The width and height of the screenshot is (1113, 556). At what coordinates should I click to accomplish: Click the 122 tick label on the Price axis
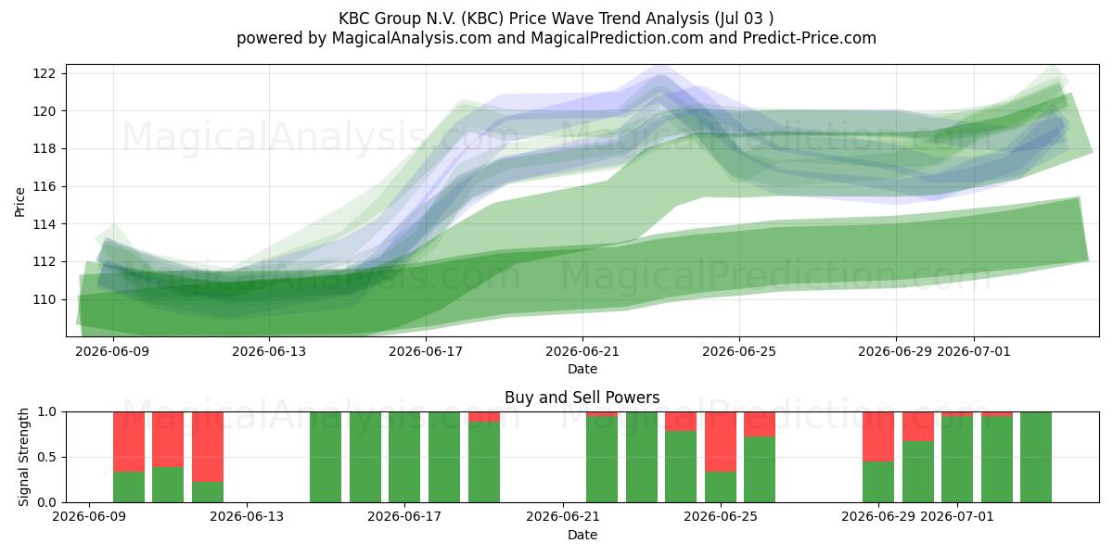tap(43, 73)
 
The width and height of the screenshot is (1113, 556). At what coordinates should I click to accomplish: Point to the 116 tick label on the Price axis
tap(43, 186)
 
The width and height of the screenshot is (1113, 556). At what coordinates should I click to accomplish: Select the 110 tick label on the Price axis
tap(43, 300)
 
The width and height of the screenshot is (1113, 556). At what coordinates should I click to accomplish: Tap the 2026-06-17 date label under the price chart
tap(426, 351)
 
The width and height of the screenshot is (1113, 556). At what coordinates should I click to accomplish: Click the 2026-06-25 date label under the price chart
tap(739, 351)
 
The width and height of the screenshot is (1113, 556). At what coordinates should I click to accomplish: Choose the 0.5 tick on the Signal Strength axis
tap(47, 457)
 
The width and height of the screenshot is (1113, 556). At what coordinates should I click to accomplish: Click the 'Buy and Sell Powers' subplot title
tap(582, 398)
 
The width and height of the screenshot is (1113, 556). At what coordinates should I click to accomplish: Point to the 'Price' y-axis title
tap(19, 202)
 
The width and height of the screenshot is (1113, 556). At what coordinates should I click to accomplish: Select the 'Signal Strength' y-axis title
tap(23, 457)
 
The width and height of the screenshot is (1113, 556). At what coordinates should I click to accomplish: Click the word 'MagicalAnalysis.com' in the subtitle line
tap(412, 38)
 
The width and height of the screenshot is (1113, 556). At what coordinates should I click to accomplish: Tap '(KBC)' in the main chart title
tap(482, 19)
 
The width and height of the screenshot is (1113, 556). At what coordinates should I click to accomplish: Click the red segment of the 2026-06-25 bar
tap(721, 441)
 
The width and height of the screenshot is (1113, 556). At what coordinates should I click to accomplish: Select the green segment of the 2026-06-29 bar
tap(878, 482)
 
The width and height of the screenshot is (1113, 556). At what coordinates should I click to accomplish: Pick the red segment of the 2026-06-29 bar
tap(878, 436)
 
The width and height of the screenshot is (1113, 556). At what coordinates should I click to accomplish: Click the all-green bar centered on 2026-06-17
tap(404, 457)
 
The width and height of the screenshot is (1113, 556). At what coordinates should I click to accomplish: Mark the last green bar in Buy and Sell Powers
tap(1036, 457)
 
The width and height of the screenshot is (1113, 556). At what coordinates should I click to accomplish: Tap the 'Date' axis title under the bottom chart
tap(582, 535)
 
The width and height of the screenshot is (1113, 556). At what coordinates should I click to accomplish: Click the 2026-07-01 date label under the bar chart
tap(957, 516)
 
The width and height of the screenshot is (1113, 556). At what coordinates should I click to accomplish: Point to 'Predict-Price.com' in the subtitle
tap(810, 38)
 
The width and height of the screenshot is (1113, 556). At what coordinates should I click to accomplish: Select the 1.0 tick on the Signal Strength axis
tap(47, 412)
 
